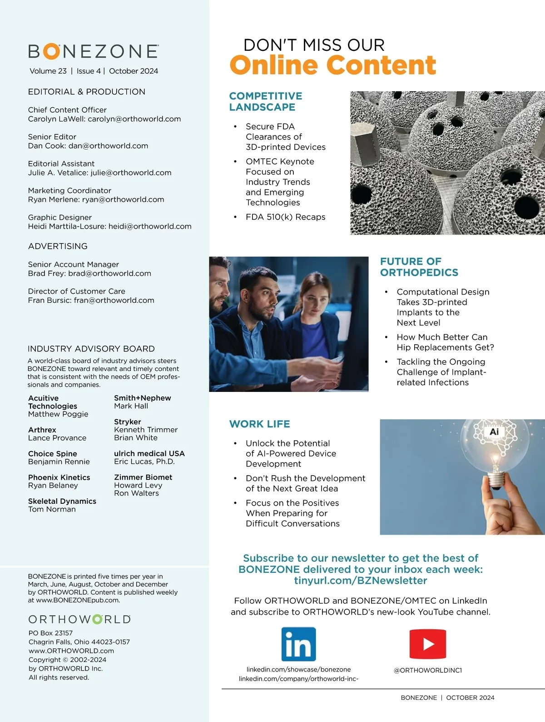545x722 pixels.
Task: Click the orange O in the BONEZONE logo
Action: pyautogui.click(x=51, y=51)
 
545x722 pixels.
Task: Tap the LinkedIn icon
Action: pyautogui.click(x=298, y=644)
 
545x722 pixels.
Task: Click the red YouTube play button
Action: pyautogui.click(x=427, y=644)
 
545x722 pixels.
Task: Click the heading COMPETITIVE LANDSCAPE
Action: pyautogui.click(x=266, y=101)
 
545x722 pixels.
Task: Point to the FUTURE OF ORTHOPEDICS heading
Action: pyautogui.click(x=419, y=267)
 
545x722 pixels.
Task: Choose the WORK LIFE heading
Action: pyautogui.click(x=259, y=424)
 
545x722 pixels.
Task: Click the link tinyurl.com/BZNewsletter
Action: pyautogui.click(x=360, y=581)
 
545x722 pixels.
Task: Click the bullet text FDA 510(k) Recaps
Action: pyautogui.click(x=285, y=217)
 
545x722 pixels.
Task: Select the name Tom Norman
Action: pyautogui.click(x=52, y=509)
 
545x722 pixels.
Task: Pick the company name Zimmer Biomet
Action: pyautogui.click(x=143, y=477)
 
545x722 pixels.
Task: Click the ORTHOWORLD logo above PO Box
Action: pyautogui.click(x=79, y=619)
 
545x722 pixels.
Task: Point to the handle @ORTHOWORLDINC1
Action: pyautogui.click(x=427, y=670)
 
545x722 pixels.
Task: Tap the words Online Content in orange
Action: pyautogui.click(x=332, y=65)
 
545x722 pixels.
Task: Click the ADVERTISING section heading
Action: pyautogui.click(x=58, y=246)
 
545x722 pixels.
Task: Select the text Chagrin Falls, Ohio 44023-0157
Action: pyautogui.click(x=79, y=642)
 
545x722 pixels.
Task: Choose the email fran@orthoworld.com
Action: pyautogui.click(x=114, y=300)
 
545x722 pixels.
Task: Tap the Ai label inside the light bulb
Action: pyautogui.click(x=494, y=432)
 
